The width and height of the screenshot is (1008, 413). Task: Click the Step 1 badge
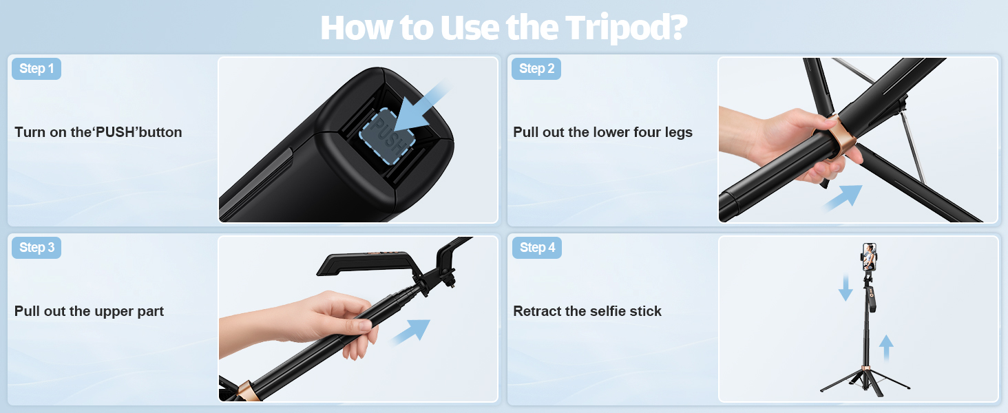click(36, 69)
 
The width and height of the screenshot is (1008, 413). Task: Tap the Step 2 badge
click(536, 69)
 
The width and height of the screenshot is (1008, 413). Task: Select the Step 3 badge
click(36, 247)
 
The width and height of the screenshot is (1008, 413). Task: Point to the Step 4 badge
click(537, 247)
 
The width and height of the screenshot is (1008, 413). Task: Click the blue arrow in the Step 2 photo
click(842, 198)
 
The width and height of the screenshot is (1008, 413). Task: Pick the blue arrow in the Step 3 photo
click(410, 332)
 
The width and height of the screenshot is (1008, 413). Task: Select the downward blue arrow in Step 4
click(846, 288)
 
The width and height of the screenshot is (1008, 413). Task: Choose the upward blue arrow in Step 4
click(886, 348)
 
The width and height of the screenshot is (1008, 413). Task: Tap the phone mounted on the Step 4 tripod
click(870, 257)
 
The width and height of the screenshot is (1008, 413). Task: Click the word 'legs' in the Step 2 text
click(679, 133)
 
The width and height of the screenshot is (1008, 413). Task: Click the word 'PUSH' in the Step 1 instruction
click(115, 132)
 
